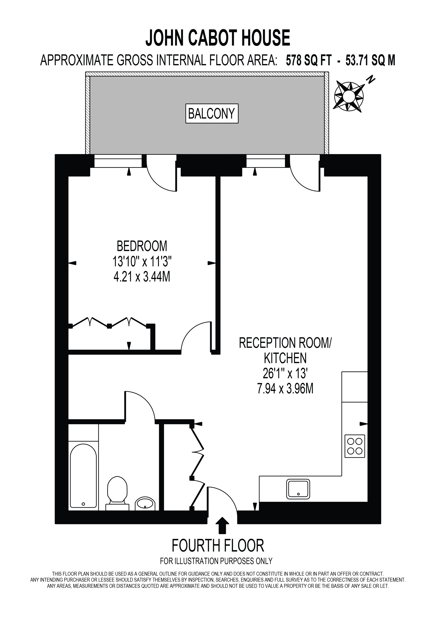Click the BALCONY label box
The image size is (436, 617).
[212, 113]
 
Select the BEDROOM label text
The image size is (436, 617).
[142, 246]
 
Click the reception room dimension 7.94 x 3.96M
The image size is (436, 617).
[285, 389]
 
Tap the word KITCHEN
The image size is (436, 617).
[285, 358]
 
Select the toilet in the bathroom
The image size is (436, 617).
[117, 493]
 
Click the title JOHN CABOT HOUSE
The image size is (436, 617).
[218, 38]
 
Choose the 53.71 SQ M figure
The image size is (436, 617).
[370, 61]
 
